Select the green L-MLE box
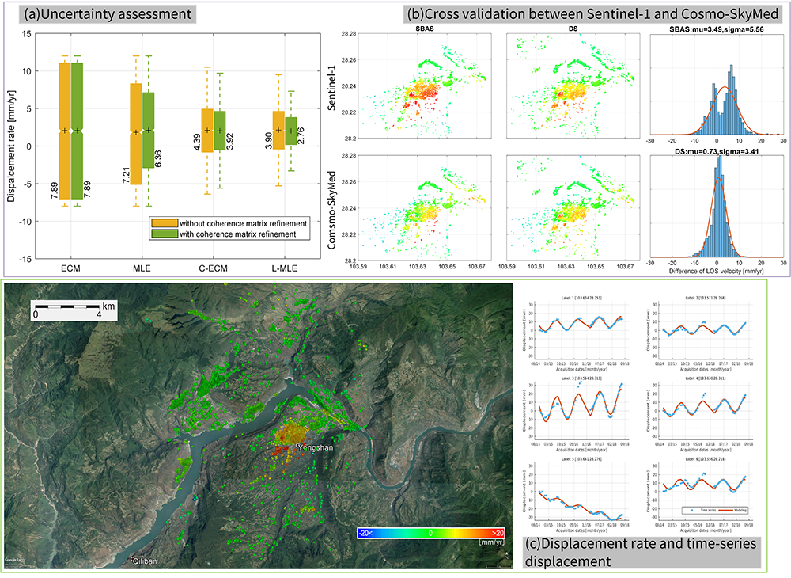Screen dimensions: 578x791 pyautogui.click(x=291, y=131)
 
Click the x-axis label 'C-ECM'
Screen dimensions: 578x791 pyautogui.click(x=214, y=269)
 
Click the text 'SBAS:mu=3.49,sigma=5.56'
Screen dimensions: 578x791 pyautogui.click(x=716, y=29)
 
